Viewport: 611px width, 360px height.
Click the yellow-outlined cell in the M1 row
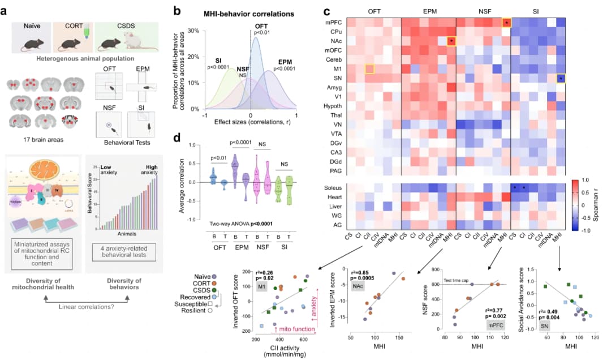pos(369,68)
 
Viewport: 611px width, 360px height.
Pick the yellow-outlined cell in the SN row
pos(561,78)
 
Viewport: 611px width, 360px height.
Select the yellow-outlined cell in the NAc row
pos(451,41)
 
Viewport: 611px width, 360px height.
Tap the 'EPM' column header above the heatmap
pos(428,11)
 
